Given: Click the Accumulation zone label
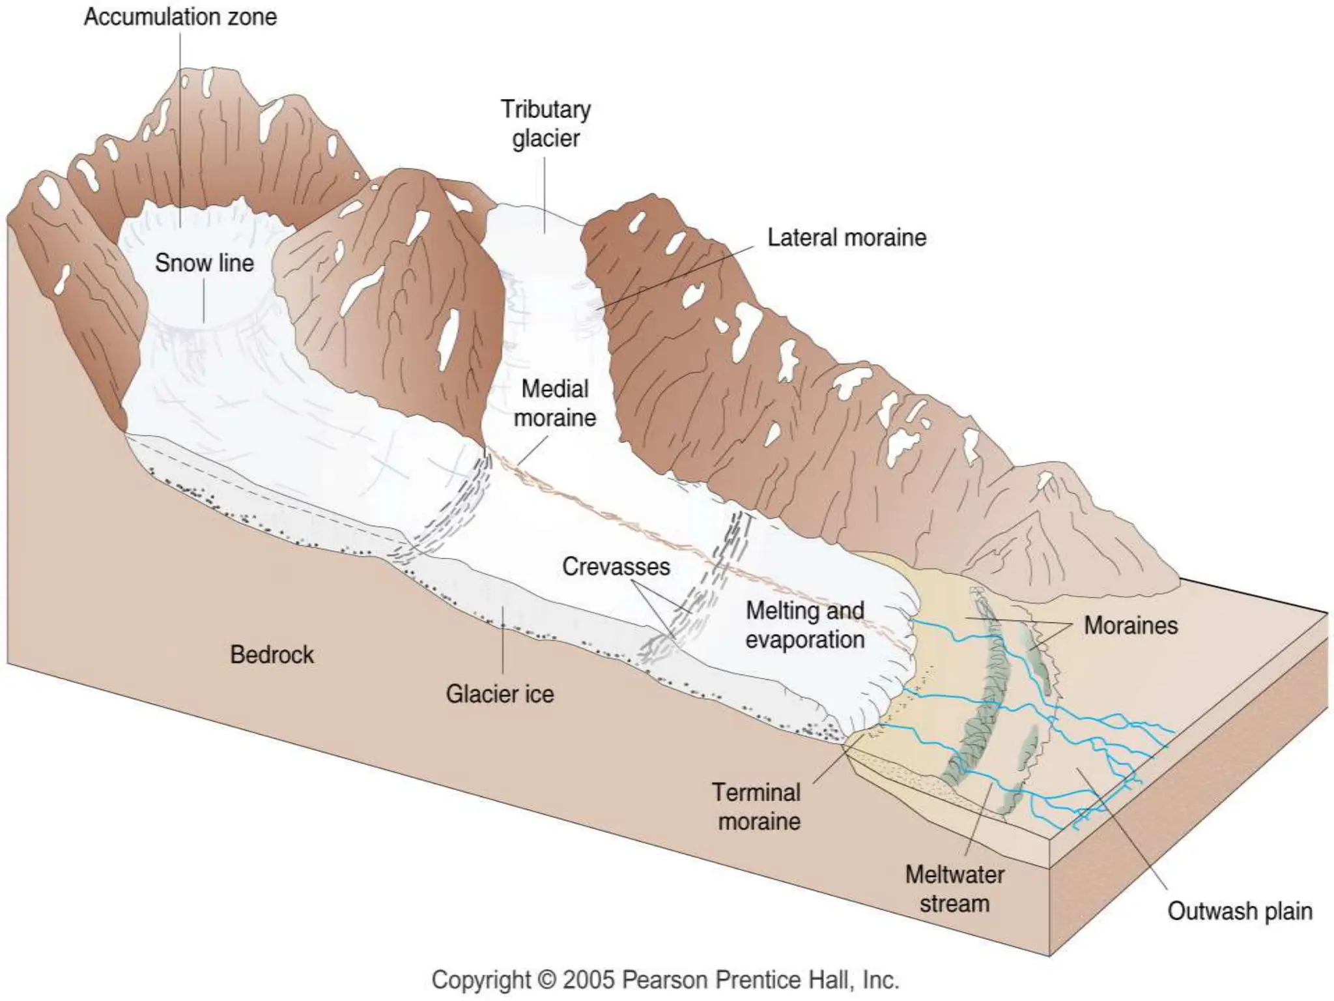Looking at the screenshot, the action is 180,17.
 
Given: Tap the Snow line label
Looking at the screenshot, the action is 204,263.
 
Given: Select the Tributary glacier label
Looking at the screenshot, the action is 545,124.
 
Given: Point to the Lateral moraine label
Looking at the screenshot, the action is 846,238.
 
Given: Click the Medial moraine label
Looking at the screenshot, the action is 555,403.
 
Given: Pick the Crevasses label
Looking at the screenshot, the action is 616,566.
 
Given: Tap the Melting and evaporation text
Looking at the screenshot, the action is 805,625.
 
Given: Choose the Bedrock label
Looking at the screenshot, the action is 272,654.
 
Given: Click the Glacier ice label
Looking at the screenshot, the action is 500,694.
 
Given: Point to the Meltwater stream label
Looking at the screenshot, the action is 954,889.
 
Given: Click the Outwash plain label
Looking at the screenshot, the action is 1239,911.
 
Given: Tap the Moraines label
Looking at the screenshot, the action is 1130,626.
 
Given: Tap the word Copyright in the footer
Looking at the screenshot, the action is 481,980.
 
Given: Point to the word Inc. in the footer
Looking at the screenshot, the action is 881,980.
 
